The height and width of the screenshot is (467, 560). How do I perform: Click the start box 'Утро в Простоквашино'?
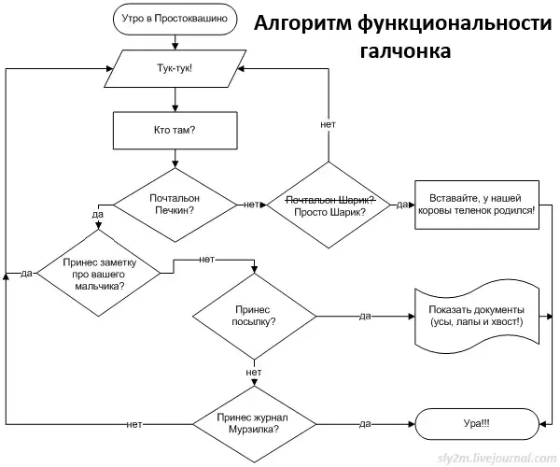click(175, 18)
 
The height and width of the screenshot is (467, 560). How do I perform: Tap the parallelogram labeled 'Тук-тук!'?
click(175, 70)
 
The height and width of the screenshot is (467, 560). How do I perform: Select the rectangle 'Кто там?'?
click(175, 130)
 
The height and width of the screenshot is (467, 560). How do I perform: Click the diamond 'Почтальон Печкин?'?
click(175, 205)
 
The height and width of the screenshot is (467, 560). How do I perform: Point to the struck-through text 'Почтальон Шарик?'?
click(329, 199)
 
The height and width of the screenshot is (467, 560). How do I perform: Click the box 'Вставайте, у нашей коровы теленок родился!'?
click(481, 205)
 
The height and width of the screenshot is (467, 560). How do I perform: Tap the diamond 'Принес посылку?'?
click(254, 316)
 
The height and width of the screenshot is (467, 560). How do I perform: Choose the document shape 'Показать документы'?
click(477, 316)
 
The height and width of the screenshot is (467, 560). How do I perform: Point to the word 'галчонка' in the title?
click(403, 51)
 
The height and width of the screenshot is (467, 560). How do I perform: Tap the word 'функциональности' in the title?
click(447, 22)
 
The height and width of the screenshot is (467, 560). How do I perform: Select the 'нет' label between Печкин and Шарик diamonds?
click(250, 205)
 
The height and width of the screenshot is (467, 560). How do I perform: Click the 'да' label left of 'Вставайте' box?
click(400, 205)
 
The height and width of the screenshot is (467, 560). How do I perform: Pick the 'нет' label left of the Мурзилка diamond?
click(135, 425)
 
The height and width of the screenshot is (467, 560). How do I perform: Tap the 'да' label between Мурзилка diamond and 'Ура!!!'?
click(366, 425)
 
